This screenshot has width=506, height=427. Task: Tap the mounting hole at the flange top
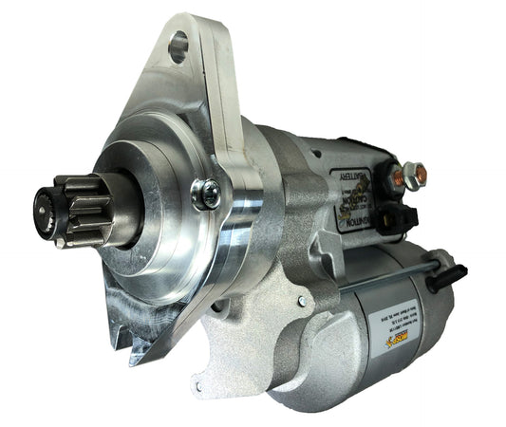click(x=178, y=46)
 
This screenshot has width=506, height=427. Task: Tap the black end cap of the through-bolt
click(x=445, y=278)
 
